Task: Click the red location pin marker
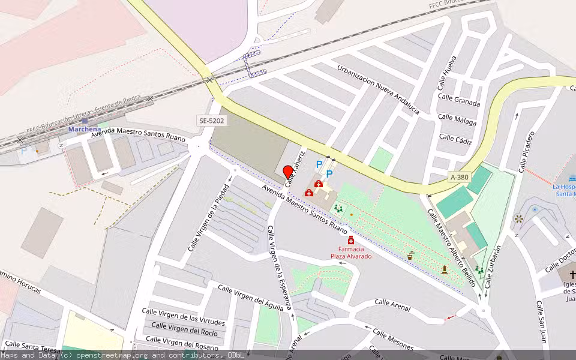coord(287,172)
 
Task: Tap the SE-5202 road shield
coord(212,121)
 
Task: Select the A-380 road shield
coord(460,178)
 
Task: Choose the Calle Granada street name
coord(459,100)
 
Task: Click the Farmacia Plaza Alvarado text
coord(351,253)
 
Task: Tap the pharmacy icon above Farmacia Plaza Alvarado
coord(351,241)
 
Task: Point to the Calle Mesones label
coord(393,339)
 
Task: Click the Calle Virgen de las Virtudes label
coord(183,316)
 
